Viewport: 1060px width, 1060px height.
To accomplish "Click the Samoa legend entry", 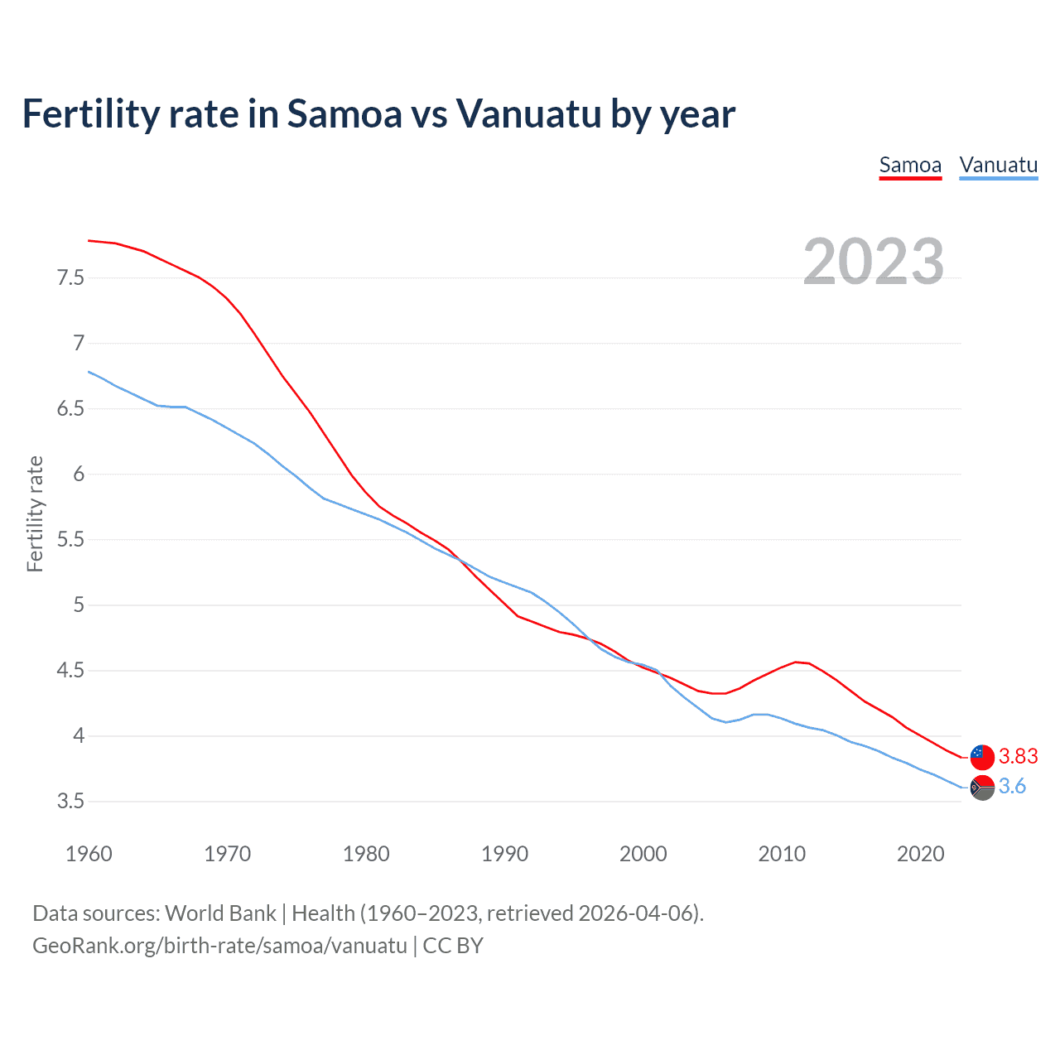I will tap(910, 165).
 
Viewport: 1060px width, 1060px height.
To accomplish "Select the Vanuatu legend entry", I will tap(998, 165).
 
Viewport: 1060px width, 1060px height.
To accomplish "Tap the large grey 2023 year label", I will tap(874, 262).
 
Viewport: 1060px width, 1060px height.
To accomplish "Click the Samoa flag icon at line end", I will tap(982, 756).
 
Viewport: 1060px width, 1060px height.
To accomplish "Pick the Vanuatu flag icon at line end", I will tap(982, 787).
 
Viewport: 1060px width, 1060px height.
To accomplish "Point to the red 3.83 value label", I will tap(1018, 756).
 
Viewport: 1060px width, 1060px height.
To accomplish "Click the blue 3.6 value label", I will tap(1012, 787).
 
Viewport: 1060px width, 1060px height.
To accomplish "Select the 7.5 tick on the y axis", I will tap(70, 277).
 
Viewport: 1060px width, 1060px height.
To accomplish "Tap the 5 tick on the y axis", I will tap(79, 605).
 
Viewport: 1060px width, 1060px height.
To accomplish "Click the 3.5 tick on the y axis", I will tap(70, 802).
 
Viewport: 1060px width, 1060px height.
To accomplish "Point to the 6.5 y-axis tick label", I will tap(70, 409).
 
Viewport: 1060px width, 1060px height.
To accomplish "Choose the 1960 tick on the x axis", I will tap(89, 854).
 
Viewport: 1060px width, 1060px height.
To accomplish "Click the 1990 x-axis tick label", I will tap(504, 854).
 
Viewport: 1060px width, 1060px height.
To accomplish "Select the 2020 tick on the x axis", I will tap(920, 854).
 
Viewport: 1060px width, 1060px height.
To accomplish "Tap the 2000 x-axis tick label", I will tap(643, 854).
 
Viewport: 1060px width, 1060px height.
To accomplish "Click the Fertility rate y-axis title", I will tap(35, 513).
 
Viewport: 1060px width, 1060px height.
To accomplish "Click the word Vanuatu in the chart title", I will tap(528, 114).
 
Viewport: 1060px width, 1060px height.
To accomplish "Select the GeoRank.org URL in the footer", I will tap(219, 946).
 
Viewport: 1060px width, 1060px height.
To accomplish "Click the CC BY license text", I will tap(453, 946).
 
